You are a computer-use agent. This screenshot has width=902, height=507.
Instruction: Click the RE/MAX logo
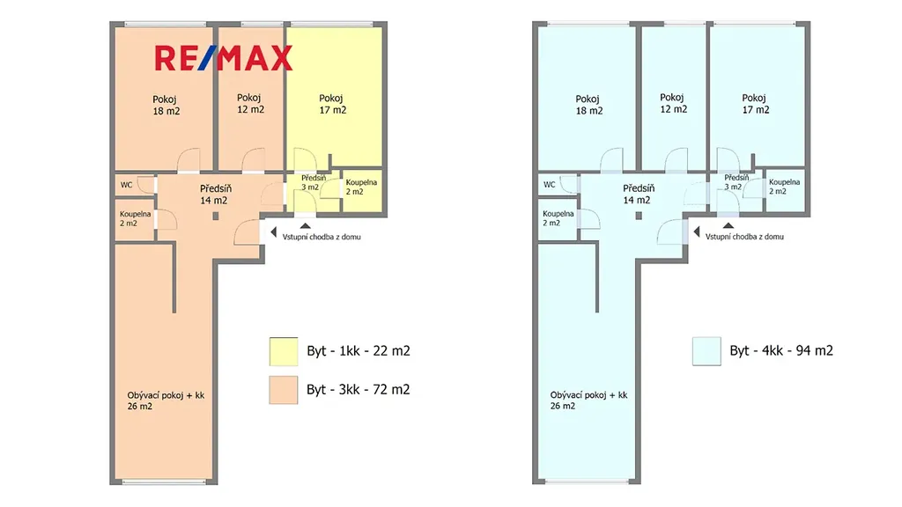click(x=223, y=58)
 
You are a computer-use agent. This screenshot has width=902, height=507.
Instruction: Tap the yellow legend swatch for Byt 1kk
click(x=284, y=351)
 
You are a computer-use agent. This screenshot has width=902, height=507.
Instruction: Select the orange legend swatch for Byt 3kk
click(x=284, y=390)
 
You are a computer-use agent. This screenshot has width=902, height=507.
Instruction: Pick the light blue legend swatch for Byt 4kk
click(x=706, y=351)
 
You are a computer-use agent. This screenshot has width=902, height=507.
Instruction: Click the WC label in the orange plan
click(x=126, y=185)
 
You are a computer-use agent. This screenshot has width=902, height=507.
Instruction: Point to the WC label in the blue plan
click(x=550, y=185)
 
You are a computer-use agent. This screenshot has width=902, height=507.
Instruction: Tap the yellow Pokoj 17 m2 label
click(x=332, y=104)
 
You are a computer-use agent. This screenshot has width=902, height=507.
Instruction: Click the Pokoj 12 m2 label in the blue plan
click(x=673, y=104)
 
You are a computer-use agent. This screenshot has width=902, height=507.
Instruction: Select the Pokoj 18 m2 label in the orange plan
click(x=166, y=106)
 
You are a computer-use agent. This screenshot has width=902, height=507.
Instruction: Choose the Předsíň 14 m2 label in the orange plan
click(x=216, y=195)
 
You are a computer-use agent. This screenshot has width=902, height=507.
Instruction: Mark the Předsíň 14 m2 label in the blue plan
click(x=639, y=194)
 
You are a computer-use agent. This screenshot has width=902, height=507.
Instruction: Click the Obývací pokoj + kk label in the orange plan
click(x=166, y=400)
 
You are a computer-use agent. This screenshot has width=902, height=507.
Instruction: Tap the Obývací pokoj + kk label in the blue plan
click(x=588, y=400)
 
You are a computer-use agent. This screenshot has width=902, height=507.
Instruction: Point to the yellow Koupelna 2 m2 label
click(x=361, y=187)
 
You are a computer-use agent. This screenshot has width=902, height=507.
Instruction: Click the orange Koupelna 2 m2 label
click(x=135, y=218)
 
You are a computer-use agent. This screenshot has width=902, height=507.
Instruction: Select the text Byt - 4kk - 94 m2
click(x=781, y=350)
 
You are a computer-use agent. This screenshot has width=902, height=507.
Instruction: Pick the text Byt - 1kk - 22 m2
click(x=359, y=350)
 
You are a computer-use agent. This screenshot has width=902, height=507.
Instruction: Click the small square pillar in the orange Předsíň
click(x=216, y=217)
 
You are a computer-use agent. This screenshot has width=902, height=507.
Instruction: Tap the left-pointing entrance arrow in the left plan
click(x=273, y=232)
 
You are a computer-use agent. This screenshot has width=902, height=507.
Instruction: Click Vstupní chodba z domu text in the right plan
click(x=744, y=236)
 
